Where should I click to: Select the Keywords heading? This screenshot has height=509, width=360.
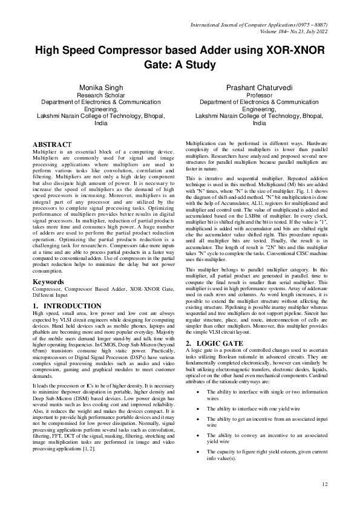pyautogui.click(x=48, y=282)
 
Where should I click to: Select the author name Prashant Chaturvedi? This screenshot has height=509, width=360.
pyautogui.click(x=259, y=88)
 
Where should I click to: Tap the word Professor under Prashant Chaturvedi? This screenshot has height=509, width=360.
pyautogui.click(x=260, y=96)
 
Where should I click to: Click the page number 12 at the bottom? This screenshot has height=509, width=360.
pyautogui.click(x=325, y=484)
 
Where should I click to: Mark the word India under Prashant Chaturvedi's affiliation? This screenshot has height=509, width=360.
pyautogui.click(x=260, y=123)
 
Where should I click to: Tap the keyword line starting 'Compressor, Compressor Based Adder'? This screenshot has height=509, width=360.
pyautogui.click(x=97, y=290)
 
